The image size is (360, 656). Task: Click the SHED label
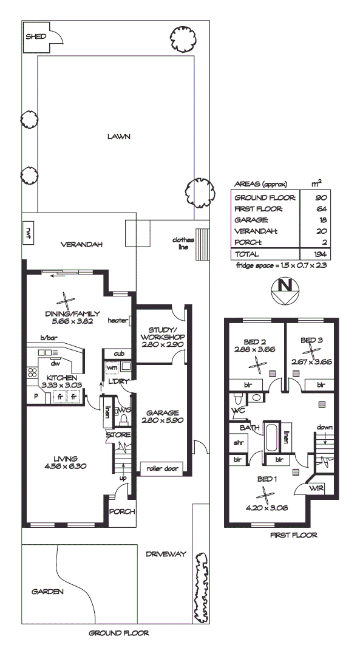(x=32, y=36)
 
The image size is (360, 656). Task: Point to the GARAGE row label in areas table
(x=251, y=220)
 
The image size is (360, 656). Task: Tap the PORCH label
(x=121, y=511)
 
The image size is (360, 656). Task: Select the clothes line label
(x=183, y=244)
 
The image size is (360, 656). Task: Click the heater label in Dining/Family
(x=117, y=321)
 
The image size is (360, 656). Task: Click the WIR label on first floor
(x=315, y=488)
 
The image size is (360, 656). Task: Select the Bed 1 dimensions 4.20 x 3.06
(x=265, y=507)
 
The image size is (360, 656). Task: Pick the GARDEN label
(x=47, y=591)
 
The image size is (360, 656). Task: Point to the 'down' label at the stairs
(x=325, y=428)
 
